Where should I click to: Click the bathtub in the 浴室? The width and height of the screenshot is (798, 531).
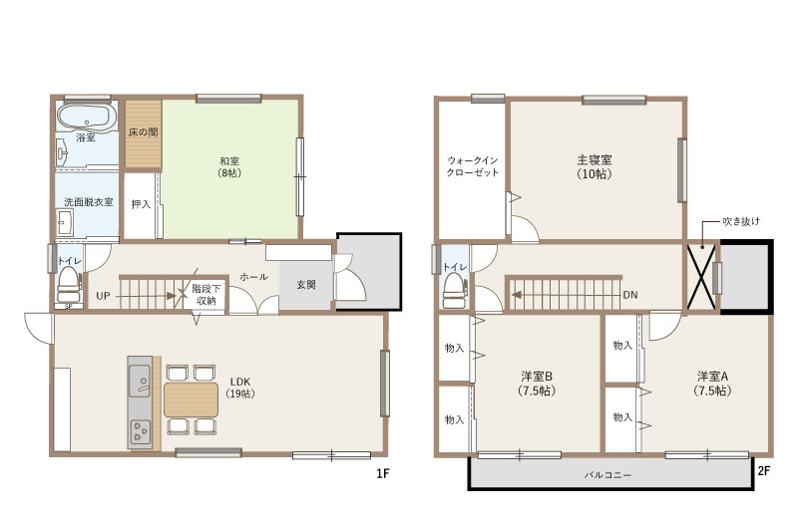coord(86,118)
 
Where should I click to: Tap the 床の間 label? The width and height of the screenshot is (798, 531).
coord(143,133)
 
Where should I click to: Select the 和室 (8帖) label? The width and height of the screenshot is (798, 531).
coord(230,166)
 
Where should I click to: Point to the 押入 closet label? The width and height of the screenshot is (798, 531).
coord(141,204)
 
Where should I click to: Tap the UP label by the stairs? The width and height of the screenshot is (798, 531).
coord(103,296)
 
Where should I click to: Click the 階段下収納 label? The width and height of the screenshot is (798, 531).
coord(206,295)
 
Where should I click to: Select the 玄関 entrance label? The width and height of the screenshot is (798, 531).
coord(306,285)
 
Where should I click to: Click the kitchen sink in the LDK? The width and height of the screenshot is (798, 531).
coord(139,381)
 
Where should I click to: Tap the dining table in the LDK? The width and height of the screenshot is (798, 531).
coord(191,399)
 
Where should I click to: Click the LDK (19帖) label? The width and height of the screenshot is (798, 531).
coord(240,388)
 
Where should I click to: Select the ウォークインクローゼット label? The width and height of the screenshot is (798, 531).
coord(472,166)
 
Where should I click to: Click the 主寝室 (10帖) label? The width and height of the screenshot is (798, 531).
coord(594,166)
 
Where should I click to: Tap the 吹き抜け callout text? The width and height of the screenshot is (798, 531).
coord(741,221)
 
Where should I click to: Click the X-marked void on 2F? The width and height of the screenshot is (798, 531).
coord(701,276)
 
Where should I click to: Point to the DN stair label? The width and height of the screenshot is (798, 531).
coord(630,295)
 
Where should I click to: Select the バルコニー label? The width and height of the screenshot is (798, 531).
coord(607,475)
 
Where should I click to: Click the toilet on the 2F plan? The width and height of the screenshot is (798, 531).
coord(455,291)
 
